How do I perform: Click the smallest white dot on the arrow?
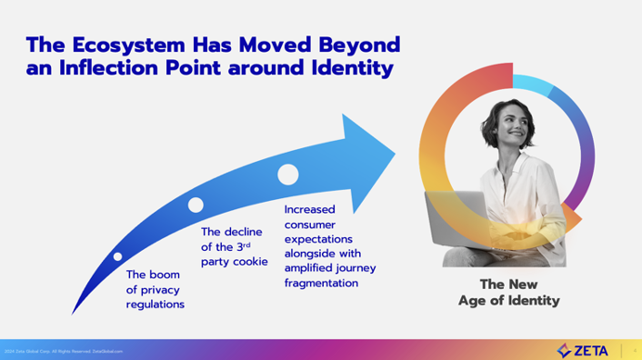(118, 256)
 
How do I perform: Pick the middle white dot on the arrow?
(196, 205)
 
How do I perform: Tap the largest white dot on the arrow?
(288, 175)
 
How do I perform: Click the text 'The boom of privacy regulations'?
(155, 289)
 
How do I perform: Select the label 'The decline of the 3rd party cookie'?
(235, 246)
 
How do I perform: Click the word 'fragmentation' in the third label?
(321, 283)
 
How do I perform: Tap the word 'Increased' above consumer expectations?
(310, 209)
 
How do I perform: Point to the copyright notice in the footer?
(64, 351)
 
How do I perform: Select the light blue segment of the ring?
(533, 85)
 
